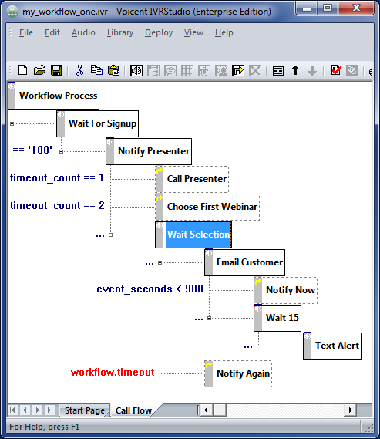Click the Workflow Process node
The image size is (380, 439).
point(54,96)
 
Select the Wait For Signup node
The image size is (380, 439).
point(98,123)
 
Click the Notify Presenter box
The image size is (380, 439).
point(149,151)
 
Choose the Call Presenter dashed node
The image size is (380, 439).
point(192,179)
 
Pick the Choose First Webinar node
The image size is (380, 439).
point(207,207)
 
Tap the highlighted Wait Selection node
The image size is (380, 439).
point(193,235)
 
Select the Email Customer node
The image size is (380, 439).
point(245,262)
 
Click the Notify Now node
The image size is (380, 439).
point(286,290)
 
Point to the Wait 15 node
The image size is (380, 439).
point(277,318)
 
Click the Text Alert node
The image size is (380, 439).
point(332,346)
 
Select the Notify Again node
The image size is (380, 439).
point(238,373)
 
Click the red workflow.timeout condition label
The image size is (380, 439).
point(113,373)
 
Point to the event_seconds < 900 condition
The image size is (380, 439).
point(150,289)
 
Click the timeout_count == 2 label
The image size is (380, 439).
point(57,206)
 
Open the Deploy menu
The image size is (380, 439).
point(159,32)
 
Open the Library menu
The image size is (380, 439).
point(120,32)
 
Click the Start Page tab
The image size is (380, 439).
point(85,410)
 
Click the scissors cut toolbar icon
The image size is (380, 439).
point(79,70)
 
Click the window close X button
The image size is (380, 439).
point(356,8)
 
